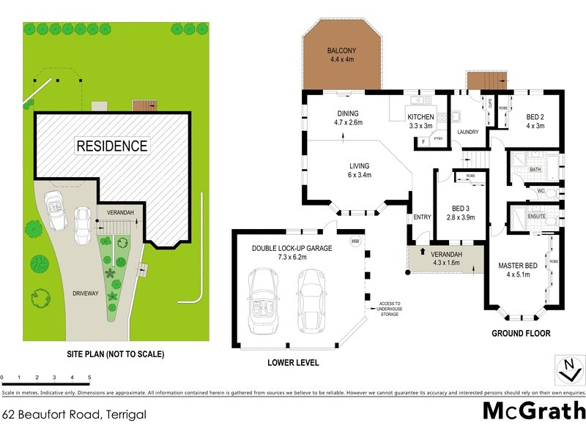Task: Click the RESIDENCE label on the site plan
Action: pos(113,146)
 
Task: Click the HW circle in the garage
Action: pos(356,241)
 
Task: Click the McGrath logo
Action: pos(534,410)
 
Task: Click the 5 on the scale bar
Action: pos(89,378)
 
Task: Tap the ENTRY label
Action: pos(422,217)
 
